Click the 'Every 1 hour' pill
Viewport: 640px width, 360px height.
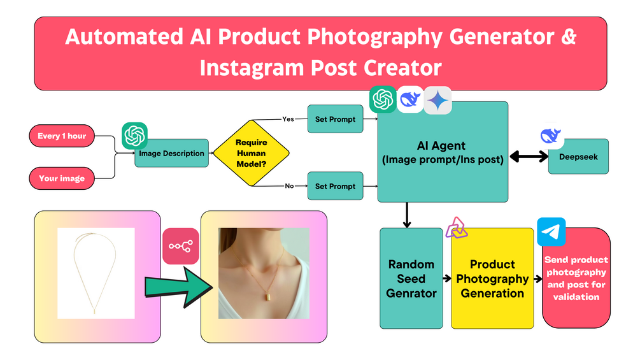click(62, 136)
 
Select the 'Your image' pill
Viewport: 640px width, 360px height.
click(62, 178)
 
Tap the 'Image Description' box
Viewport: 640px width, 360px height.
click(171, 153)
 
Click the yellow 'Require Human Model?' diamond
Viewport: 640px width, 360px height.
click(251, 152)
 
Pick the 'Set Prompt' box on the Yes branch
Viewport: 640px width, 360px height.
click(334, 119)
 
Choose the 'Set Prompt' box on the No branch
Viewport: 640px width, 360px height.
click(334, 186)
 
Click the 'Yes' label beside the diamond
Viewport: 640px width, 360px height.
click(288, 119)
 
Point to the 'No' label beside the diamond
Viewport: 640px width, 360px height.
click(288, 186)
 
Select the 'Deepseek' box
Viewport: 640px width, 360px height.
click(578, 156)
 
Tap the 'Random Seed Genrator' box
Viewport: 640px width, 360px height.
click(411, 278)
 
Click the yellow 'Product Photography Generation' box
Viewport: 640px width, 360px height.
click(492, 278)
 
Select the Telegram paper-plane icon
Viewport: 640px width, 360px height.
click(551, 232)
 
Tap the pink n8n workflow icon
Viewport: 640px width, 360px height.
click(181, 246)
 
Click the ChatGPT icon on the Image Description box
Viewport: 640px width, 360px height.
click(135, 136)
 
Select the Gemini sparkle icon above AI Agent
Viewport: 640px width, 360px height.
click(437, 100)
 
